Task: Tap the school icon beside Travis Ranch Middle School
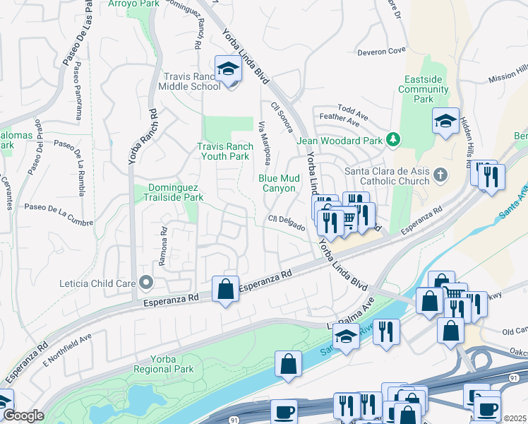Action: [x=228, y=69]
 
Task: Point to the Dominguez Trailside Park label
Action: [x=176, y=193]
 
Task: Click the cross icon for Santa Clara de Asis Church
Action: [x=440, y=175]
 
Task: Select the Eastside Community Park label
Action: [x=424, y=89]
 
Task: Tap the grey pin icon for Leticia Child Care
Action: [x=146, y=283]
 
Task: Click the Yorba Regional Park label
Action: [x=164, y=363]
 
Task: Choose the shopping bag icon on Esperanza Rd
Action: [x=225, y=289]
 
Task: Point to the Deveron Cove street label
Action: [x=381, y=51]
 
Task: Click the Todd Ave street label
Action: [x=353, y=110]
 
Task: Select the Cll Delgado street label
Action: [x=286, y=223]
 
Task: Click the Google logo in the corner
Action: [x=23, y=416]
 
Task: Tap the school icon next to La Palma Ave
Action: [x=346, y=337]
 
